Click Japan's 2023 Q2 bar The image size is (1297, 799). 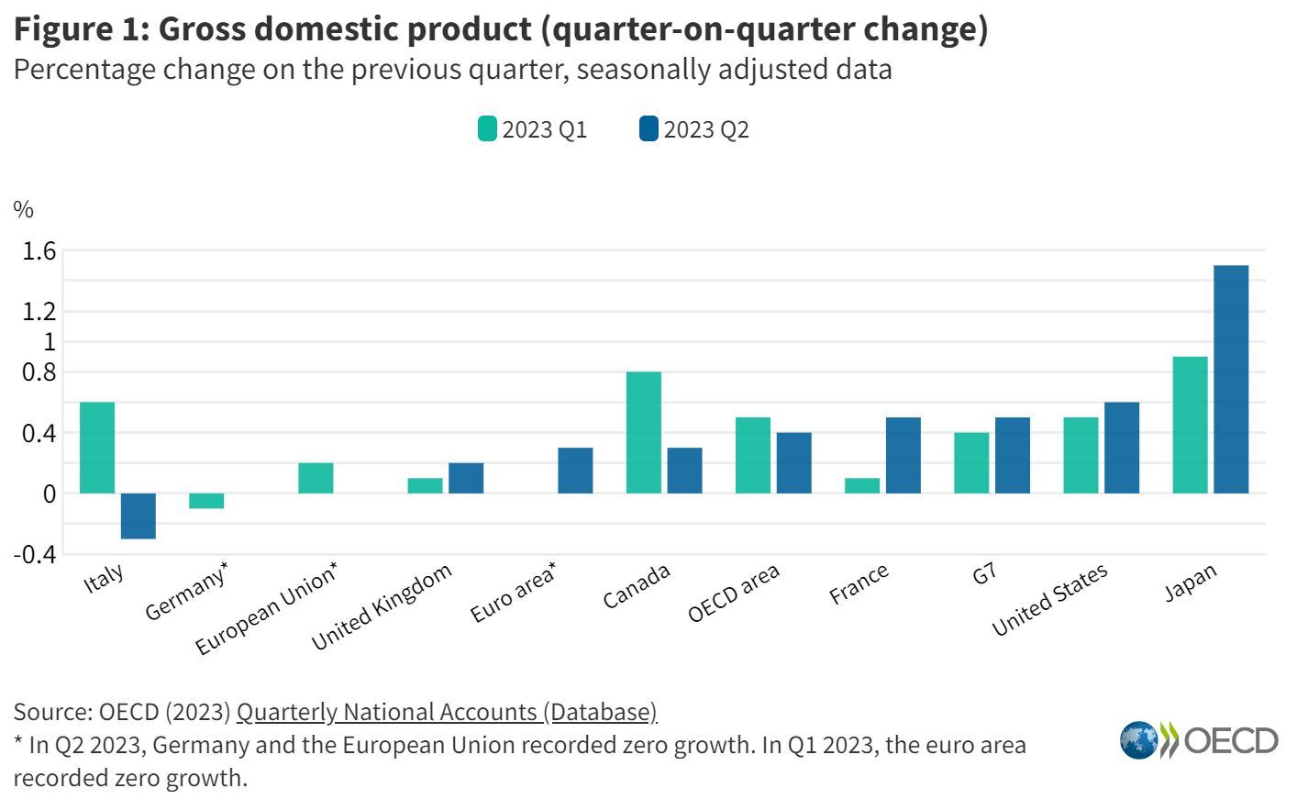click(x=1231, y=379)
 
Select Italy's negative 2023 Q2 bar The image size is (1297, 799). click(x=138, y=516)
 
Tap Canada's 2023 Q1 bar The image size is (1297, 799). click(x=643, y=432)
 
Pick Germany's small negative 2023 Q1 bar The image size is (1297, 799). click(x=206, y=501)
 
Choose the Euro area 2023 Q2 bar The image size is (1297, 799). click(x=575, y=471)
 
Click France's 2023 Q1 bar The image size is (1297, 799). click(x=861, y=485)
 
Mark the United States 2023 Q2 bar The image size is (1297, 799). click(x=1122, y=448)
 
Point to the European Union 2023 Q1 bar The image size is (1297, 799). click(x=316, y=478)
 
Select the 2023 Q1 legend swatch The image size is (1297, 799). click(x=486, y=129)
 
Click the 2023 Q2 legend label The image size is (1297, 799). click(x=706, y=129)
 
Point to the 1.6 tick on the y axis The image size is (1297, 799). click(x=39, y=250)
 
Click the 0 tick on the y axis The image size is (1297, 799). click(x=50, y=494)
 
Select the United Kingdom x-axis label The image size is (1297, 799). click(x=382, y=607)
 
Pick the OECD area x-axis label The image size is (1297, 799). click(x=734, y=593)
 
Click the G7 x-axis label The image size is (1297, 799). click(x=984, y=575)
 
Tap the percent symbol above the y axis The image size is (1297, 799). click(x=24, y=210)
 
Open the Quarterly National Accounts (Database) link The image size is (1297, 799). click(x=447, y=712)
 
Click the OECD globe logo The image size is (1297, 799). click(x=1139, y=740)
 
